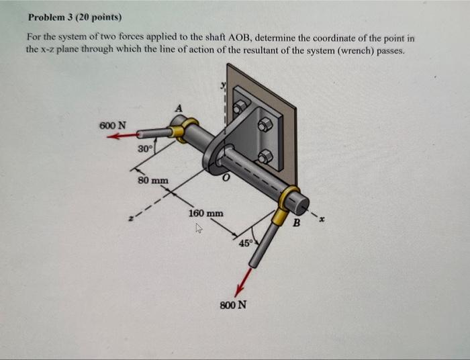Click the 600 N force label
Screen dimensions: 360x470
tap(111, 125)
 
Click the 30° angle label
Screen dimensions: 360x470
tap(144, 148)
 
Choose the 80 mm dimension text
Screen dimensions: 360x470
tap(153, 180)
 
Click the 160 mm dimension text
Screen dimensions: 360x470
tap(206, 213)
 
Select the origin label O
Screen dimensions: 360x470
tap(228, 177)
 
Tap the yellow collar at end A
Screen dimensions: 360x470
tap(181, 129)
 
